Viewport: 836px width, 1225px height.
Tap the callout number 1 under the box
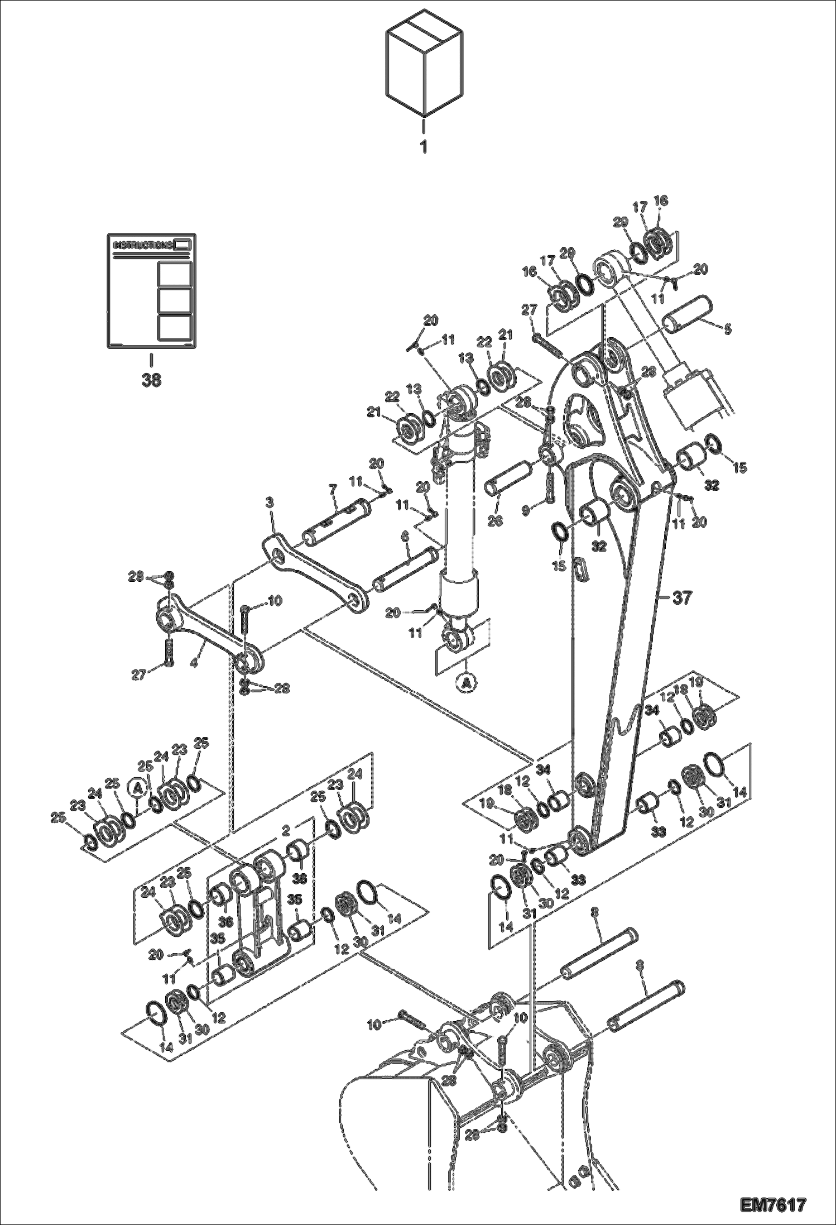424,147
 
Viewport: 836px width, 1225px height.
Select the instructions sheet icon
151,291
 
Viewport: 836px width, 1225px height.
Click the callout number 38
151,380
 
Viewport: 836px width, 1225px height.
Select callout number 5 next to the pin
727,329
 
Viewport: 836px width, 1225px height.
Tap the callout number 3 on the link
270,503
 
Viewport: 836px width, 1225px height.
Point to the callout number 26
494,521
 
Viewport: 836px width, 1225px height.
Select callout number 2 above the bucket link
286,831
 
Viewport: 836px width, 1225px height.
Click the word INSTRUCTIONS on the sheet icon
143,245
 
